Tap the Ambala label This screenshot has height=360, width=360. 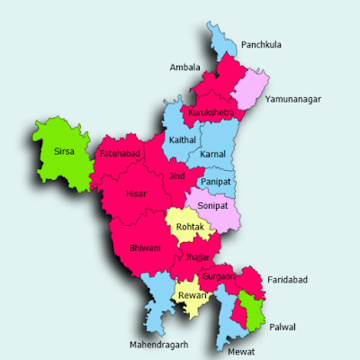[184, 67]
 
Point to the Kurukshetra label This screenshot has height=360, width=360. [211, 112]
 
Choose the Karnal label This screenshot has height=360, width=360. [213, 154]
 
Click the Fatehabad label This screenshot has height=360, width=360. [120, 155]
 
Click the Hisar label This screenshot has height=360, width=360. [136, 193]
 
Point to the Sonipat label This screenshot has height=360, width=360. [213, 205]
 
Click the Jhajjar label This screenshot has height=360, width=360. [197, 256]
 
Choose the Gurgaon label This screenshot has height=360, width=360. [220, 276]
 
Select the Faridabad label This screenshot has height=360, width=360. [287, 281]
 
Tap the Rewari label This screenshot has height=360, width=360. [192, 295]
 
